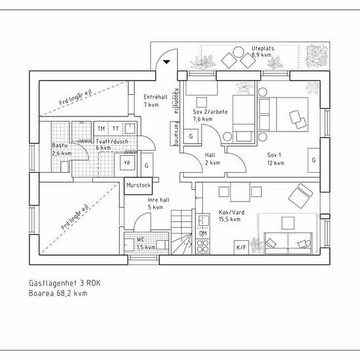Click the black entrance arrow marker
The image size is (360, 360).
pyautogui.click(x=166, y=62)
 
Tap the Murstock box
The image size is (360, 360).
pyautogui.click(x=138, y=186)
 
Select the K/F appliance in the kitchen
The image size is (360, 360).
pyautogui.click(x=241, y=247)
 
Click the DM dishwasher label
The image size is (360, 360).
pyautogui.click(x=203, y=234)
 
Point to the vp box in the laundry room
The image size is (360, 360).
pyautogui.click(x=128, y=162)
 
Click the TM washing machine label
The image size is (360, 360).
pyautogui.click(x=101, y=128)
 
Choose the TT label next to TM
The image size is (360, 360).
pyautogui.click(x=115, y=128)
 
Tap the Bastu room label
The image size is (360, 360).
pyautogui.click(x=60, y=145)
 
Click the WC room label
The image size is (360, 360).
pyautogui.click(x=141, y=240)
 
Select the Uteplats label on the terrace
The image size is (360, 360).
pyautogui.click(x=262, y=48)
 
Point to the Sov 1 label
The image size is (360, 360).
pyautogui.click(x=274, y=155)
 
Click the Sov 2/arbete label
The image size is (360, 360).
pyautogui.click(x=210, y=112)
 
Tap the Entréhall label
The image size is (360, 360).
pyautogui.click(x=155, y=97)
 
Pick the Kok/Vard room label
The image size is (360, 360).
pyautogui.click(x=232, y=212)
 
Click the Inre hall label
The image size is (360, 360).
pyautogui.click(x=158, y=200)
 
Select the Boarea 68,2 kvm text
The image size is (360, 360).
pyautogui.click(x=58, y=293)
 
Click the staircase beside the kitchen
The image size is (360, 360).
pyautogui.click(x=181, y=232)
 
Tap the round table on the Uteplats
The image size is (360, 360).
pyautogui.click(x=238, y=52)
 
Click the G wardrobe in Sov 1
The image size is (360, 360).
pyautogui.click(x=314, y=160)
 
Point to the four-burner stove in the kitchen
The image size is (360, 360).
pyautogui.click(x=203, y=246)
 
